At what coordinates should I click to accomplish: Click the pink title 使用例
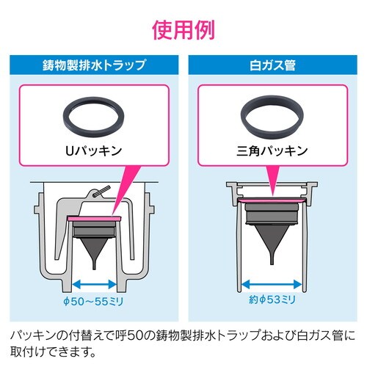click(183, 30)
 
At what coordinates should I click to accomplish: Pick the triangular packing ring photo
click(273, 116)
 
